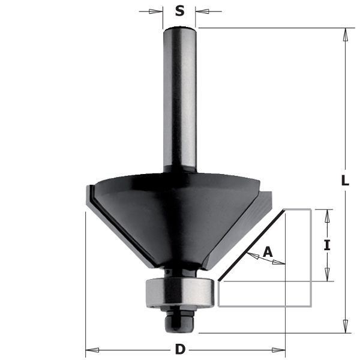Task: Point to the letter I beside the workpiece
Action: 327,245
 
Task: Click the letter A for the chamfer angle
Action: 268,253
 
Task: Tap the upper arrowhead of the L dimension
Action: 346,35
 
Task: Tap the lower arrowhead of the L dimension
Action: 346,325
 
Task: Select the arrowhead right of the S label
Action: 202,11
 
